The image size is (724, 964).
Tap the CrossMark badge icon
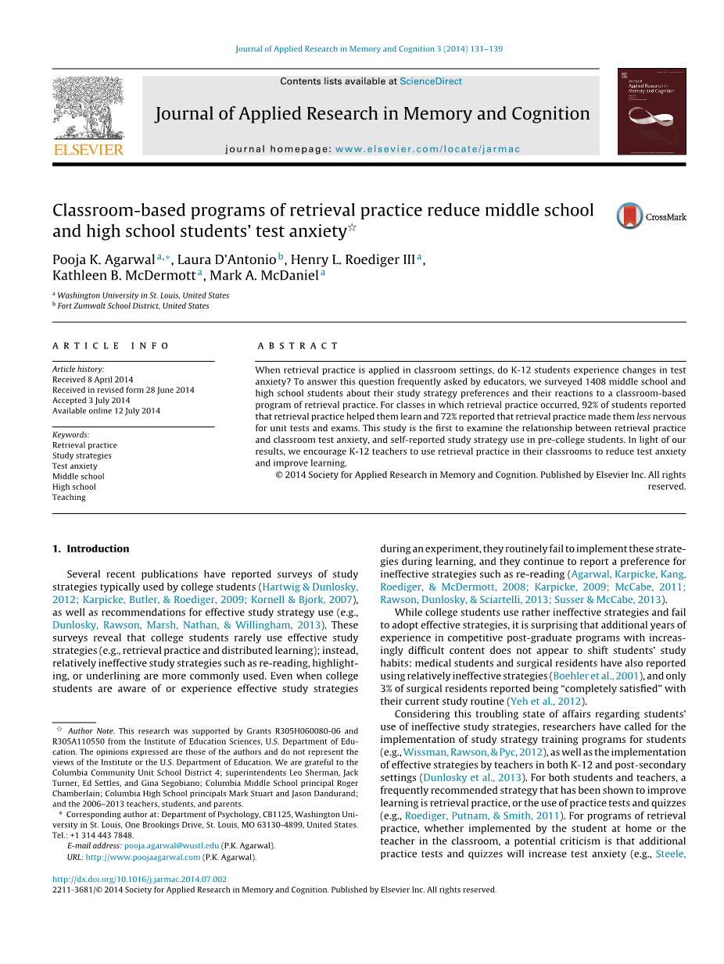629,216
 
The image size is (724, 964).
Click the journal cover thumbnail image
651,111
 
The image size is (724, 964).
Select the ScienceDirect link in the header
430,81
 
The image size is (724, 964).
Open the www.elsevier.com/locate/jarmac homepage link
428,149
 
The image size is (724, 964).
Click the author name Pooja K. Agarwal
103,260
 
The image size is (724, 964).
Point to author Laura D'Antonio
227,260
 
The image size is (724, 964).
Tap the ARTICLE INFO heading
111,346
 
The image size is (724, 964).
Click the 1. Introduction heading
91,548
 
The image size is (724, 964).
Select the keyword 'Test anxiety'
75,466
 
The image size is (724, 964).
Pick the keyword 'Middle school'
78,477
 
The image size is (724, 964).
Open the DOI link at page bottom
139,879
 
